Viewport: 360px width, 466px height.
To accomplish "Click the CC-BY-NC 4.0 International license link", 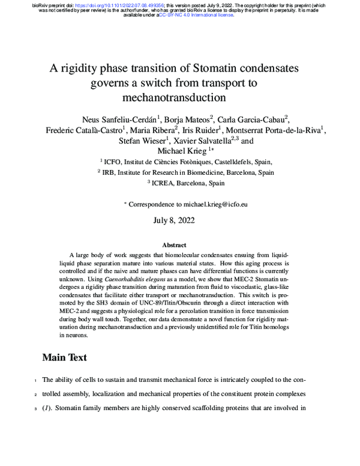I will click(196, 14).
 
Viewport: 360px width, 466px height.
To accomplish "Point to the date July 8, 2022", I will click(179, 221).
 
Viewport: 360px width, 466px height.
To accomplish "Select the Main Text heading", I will click(64, 358).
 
